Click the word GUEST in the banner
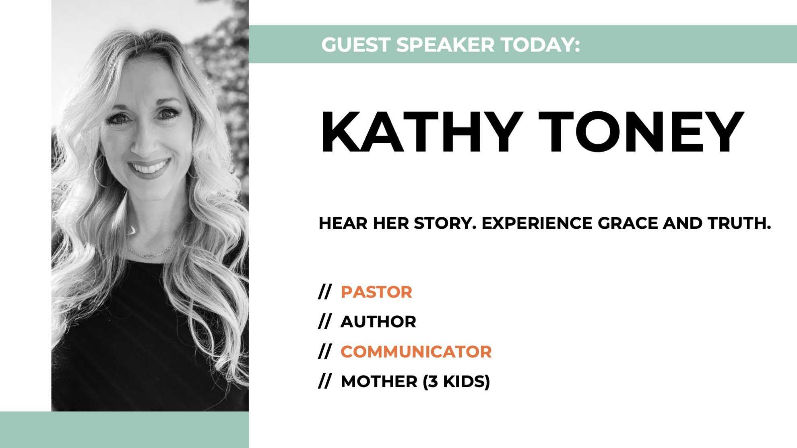pos(356,45)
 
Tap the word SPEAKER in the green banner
pos(445,45)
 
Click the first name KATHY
pos(421,132)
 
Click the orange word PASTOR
pos(376,292)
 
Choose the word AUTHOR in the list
pos(378,322)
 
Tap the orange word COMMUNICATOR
pos(416,351)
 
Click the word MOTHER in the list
pos(379,381)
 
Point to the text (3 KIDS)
pos(456,381)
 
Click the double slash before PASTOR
pos(324,292)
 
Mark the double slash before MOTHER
pos(324,381)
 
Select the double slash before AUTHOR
pos(324,322)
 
